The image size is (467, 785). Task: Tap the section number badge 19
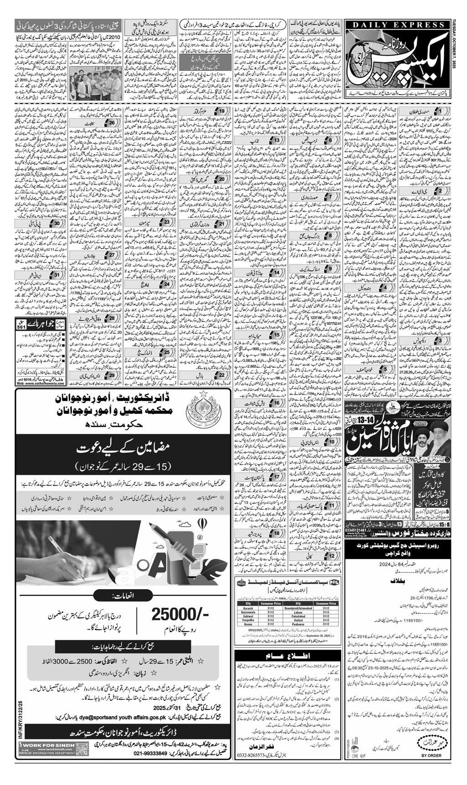[x=221, y=111]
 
